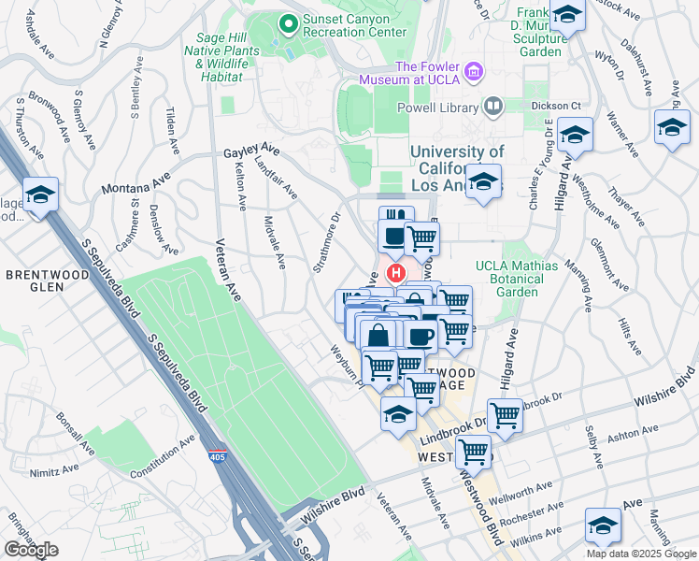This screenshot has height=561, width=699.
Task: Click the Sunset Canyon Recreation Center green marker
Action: (289, 22)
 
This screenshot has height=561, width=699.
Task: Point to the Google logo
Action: (31, 550)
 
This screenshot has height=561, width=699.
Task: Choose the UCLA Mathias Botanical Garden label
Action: (517, 279)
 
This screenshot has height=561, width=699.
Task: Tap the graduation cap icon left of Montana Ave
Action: (41, 195)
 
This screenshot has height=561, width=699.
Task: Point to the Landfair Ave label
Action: (277, 178)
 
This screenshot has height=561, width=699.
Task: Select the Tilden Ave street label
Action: (171, 126)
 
